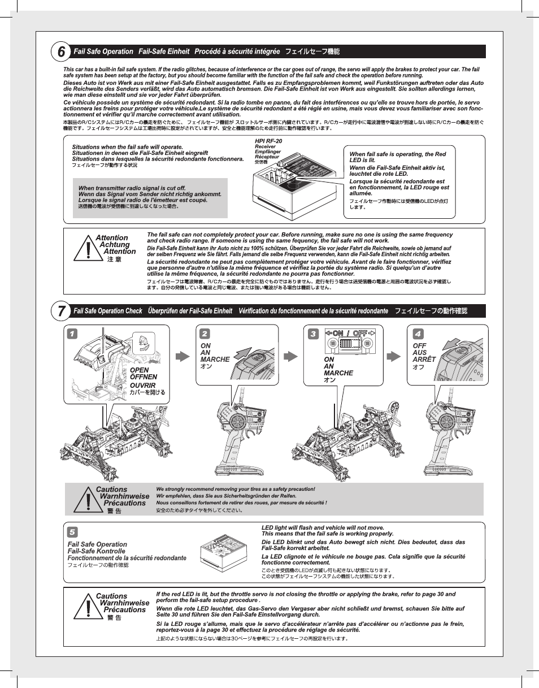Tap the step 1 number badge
click(71, 334)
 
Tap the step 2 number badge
click(205, 334)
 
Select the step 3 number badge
click(313, 334)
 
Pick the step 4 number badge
click(418, 334)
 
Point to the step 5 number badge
click(72, 532)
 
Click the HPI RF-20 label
click(268, 141)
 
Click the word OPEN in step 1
click(139, 370)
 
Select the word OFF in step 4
click(419, 345)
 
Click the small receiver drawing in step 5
click(223, 549)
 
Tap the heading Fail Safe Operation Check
click(108, 311)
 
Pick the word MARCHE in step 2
click(215, 359)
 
